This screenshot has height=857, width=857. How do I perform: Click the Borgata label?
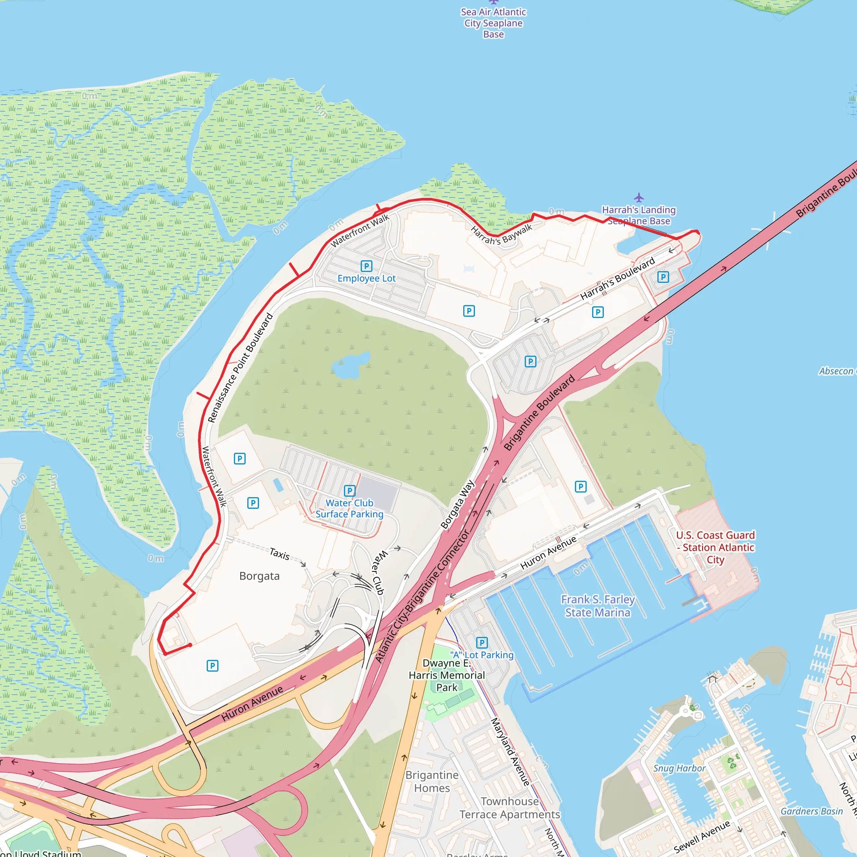tap(259, 576)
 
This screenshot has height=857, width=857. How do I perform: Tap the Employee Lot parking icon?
tap(367, 266)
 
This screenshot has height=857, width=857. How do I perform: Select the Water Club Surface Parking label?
tap(349, 508)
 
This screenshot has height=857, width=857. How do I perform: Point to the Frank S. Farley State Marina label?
tap(598, 606)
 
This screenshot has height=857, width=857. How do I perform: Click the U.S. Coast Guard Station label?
tap(715, 547)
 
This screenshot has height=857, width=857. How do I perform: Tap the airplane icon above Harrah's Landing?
tap(639, 198)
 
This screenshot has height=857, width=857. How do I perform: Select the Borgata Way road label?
tap(457, 504)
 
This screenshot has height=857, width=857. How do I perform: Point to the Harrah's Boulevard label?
tap(618, 279)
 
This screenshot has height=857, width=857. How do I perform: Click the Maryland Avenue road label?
tap(510, 752)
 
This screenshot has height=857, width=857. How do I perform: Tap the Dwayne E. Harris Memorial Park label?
tap(446, 675)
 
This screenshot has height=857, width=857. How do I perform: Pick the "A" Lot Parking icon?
tap(482, 643)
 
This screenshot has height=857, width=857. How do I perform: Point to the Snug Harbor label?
tap(679, 768)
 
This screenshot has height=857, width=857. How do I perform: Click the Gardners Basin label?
tap(811, 811)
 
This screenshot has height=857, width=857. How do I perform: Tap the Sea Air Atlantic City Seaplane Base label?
tap(493, 23)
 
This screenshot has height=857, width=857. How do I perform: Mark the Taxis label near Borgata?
tap(280, 554)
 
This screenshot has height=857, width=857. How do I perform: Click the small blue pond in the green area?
tap(350, 365)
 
